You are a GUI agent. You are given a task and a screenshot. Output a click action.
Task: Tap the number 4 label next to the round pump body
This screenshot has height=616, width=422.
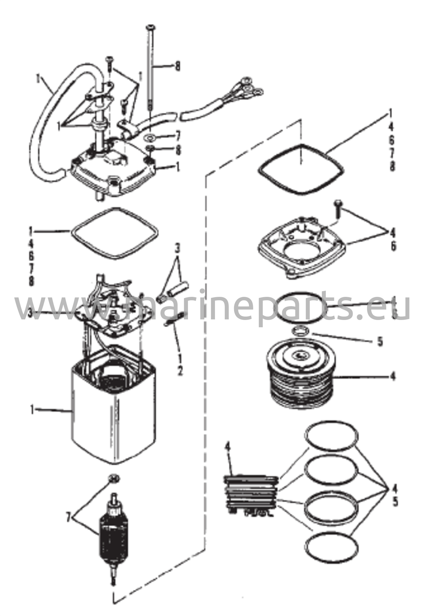tap(393, 376)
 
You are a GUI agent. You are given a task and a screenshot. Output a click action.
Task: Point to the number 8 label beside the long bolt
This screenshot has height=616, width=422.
tap(178, 66)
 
